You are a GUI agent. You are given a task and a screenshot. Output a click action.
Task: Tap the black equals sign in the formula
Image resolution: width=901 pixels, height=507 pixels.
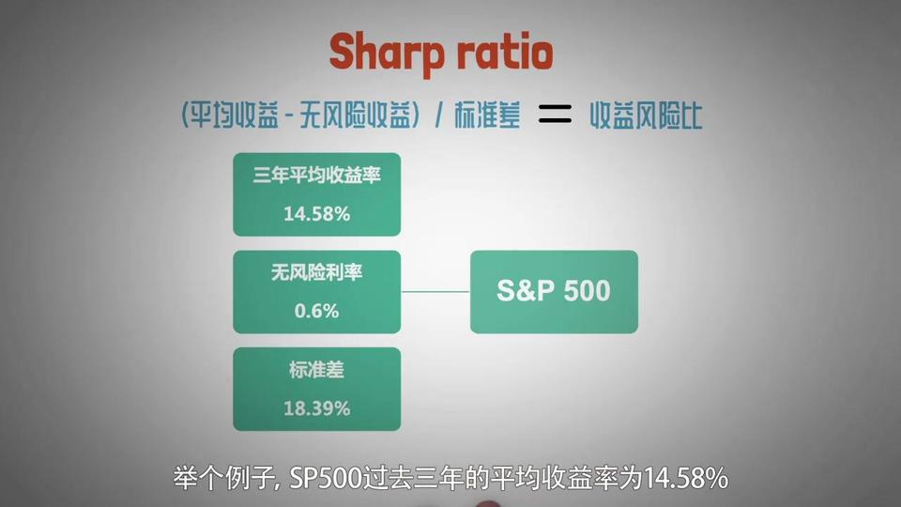click(555, 114)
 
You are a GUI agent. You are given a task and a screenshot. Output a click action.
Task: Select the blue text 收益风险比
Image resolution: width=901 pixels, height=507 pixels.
click(646, 115)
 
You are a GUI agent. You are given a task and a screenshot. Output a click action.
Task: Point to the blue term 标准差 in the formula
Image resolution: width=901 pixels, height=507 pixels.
click(487, 115)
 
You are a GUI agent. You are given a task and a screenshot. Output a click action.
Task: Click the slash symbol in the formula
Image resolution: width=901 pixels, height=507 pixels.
click(439, 115)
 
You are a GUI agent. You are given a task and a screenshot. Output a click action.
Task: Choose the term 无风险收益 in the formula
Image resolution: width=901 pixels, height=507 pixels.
click(357, 115)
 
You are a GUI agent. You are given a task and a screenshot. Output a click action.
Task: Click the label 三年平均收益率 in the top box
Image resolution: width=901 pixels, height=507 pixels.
click(316, 175)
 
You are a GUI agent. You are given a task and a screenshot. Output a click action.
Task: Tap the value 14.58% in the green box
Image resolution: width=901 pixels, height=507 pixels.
click(316, 214)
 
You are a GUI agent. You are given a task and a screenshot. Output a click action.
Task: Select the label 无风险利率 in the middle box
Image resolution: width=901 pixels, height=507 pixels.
click(316, 272)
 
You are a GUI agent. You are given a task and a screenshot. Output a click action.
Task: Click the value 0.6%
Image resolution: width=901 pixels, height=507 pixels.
click(316, 311)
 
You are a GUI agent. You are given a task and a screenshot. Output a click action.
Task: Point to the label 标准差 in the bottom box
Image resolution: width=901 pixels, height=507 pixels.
click(316, 370)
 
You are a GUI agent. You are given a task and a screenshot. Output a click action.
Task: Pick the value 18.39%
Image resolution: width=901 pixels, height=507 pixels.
click(316, 408)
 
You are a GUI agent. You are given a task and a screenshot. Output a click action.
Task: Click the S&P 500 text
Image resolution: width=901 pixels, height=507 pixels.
click(554, 291)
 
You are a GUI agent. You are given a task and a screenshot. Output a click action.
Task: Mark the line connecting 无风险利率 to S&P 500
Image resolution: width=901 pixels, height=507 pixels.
click(435, 291)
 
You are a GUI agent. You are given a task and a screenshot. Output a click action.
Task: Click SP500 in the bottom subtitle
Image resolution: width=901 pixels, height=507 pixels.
click(326, 478)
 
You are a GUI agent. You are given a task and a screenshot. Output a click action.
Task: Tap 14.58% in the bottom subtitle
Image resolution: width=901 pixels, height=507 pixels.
click(686, 478)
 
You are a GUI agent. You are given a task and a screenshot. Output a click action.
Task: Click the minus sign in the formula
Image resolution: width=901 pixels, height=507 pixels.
click(289, 115)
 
